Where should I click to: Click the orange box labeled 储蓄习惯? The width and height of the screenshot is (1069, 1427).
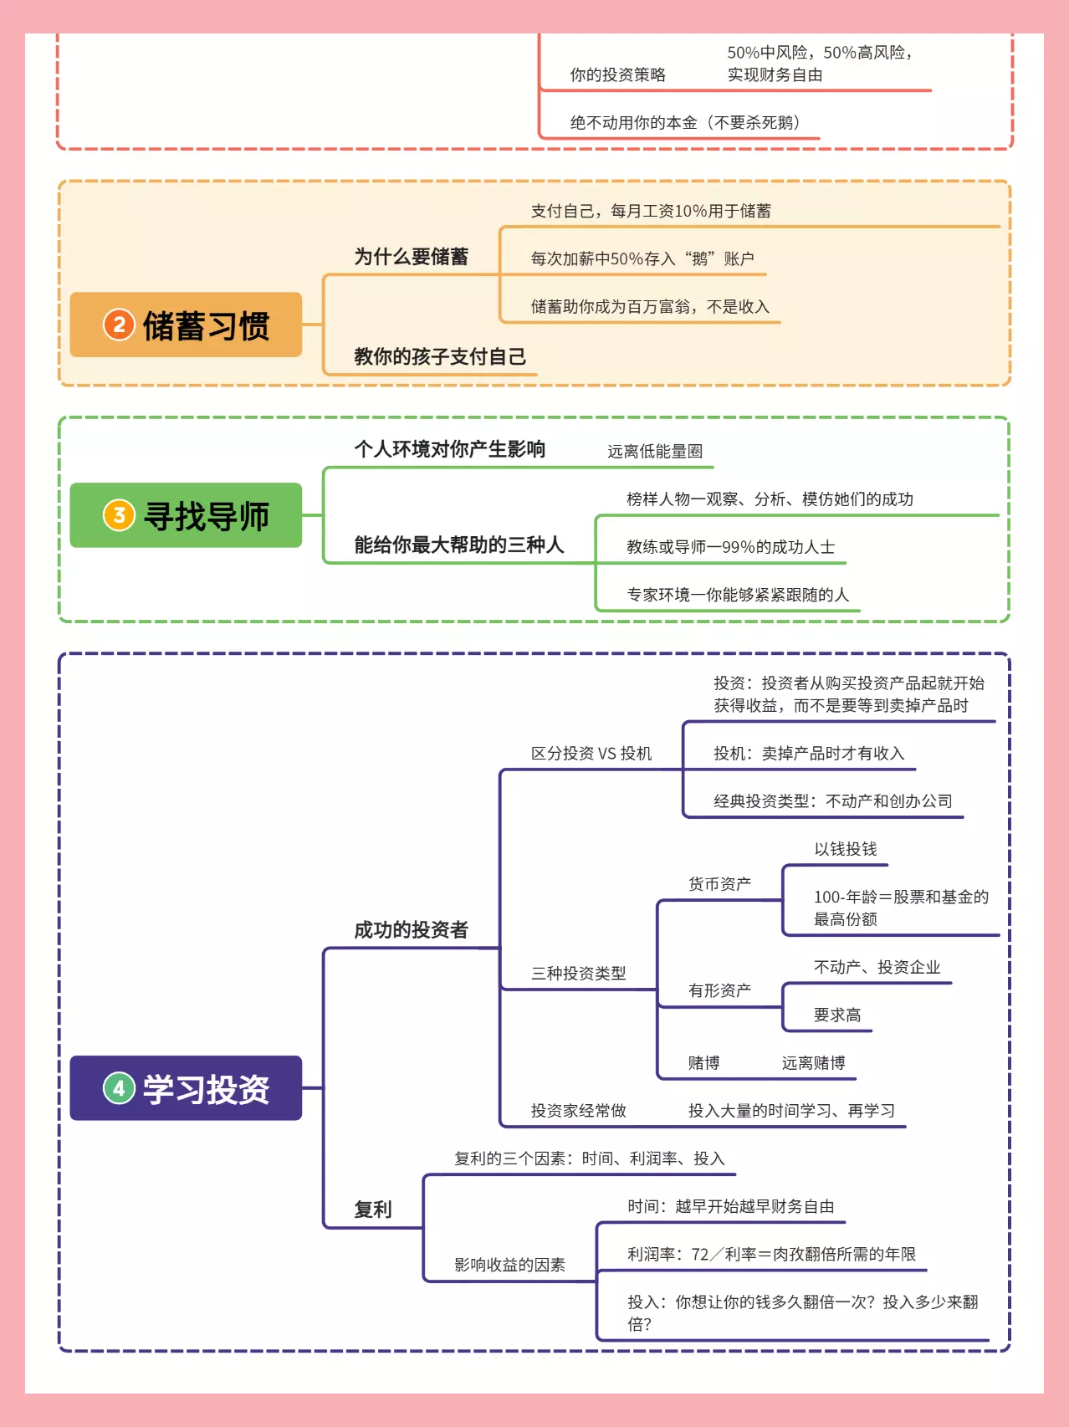[x=186, y=325]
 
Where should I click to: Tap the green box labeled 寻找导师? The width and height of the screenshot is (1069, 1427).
[x=186, y=515]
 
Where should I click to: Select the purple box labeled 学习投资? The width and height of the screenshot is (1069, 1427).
[x=186, y=1088]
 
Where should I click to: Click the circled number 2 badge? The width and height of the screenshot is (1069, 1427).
[x=119, y=325]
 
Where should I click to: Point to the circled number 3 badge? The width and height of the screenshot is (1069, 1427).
[x=119, y=515]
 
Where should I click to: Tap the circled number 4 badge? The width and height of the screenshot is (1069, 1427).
[x=119, y=1088]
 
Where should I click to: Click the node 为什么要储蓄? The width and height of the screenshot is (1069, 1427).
[x=411, y=257]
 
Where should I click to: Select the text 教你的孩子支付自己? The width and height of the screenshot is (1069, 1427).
[x=440, y=357]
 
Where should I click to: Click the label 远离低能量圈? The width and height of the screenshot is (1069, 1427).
[x=655, y=452]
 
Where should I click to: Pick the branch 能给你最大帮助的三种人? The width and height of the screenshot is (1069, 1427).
[x=459, y=545]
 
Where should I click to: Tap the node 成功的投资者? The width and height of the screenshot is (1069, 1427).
[x=411, y=930]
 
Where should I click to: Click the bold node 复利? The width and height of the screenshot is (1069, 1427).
[x=373, y=1210]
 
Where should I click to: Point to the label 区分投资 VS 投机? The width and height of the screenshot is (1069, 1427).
[x=591, y=754]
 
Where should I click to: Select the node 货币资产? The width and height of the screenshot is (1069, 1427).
[x=719, y=884]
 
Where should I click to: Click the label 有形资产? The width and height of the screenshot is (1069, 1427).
[x=719, y=990]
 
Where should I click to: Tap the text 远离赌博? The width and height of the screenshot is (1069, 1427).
[x=813, y=1063]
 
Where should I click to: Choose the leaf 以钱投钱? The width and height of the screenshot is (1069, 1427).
[x=846, y=849]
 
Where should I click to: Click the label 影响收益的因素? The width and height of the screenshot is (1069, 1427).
[x=509, y=1265]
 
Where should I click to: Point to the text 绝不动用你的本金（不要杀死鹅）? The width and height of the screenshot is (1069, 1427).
[x=685, y=123]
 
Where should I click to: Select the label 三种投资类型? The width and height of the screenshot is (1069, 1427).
[x=579, y=974]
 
